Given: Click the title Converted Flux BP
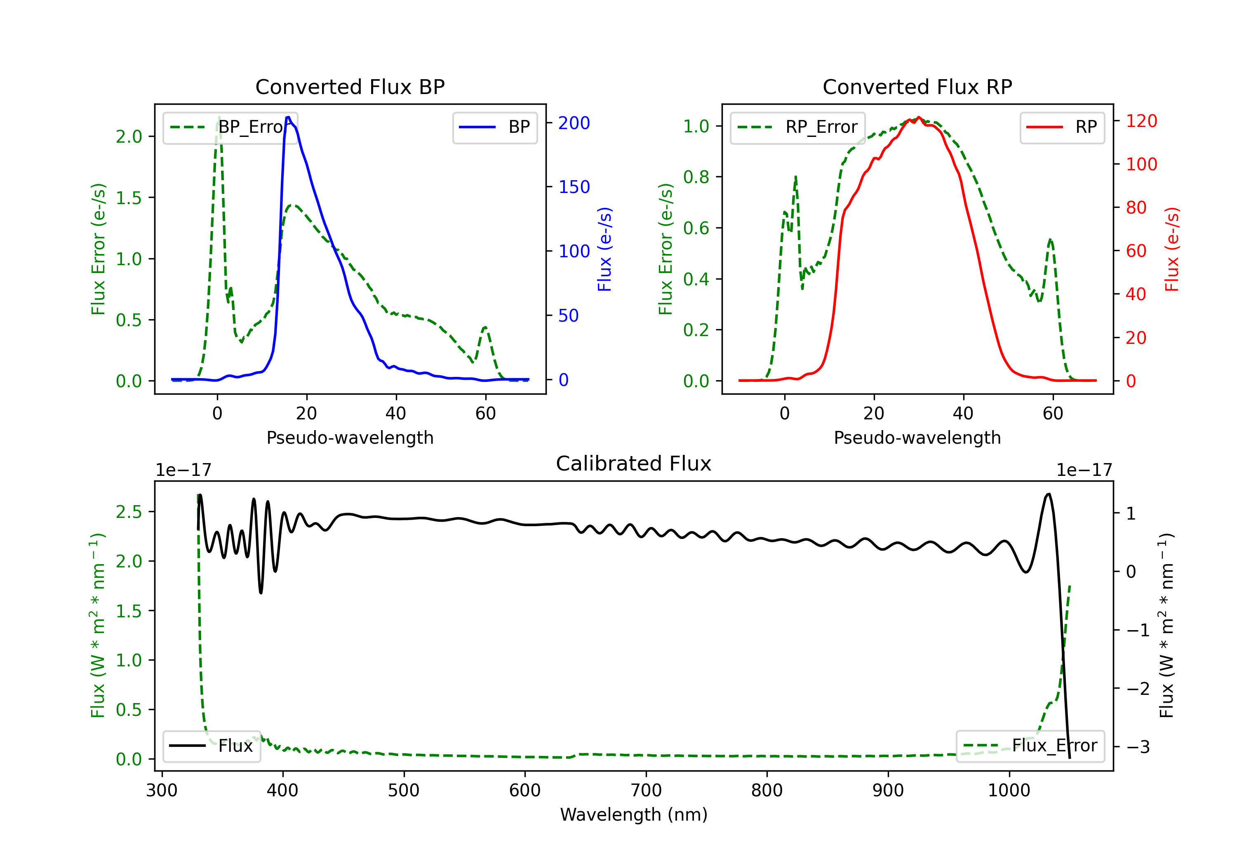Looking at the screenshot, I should (x=350, y=87).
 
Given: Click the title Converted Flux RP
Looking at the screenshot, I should (x=917, y=87).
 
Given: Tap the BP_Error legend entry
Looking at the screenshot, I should (x=230, y=127).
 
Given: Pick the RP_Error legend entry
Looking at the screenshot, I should (x=797, y=127).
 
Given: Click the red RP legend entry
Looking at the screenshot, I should (x=1062, y=127).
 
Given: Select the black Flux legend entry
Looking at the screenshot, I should (x=211, y=746).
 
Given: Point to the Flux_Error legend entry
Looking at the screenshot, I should (x=1030, y=746).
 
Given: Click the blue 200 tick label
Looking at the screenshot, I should (x=574, y=123).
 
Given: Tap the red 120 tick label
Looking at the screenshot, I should (x=1141, y=121).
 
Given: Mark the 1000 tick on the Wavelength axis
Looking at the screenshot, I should (x=1009, y=791).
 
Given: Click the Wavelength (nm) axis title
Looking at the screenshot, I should (x=634, y=814).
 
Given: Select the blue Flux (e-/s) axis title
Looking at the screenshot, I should (x=604, y=249).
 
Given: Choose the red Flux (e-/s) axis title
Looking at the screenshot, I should (x=1172, y=249).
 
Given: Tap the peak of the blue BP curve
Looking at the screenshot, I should (x=288, y=117).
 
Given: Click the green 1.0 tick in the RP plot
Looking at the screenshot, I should (x=696, y=126).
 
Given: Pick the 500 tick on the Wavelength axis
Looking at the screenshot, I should (x=404, y=791).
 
